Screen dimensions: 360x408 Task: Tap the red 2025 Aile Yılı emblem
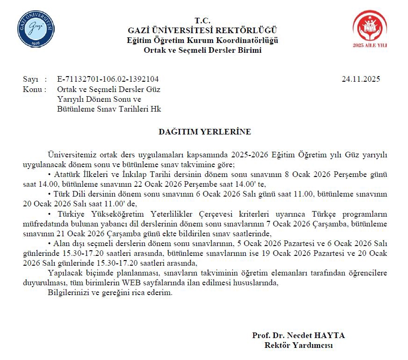tap(370, 29)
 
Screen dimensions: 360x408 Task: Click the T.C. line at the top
tap(203, 21)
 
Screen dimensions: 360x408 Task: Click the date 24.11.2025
tap(361, 79)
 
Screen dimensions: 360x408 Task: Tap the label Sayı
tap(30, 79)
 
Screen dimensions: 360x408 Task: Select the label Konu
tap(32, 89)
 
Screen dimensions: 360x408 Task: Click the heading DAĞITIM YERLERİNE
tap(205, 132)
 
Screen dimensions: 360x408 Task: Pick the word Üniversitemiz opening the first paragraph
tap(70, 155)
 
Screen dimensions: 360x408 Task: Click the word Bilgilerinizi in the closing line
tap(70, 293)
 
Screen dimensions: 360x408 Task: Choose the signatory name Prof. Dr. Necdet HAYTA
tap(298, 336)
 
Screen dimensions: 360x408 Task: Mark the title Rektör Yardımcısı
tap(298, 346)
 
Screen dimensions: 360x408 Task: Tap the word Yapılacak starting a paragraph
tap(65, 273)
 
